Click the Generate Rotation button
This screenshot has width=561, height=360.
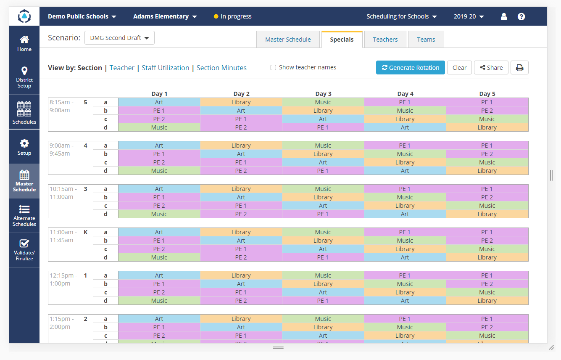410,68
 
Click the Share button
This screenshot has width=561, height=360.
491,68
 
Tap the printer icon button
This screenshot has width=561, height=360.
519,68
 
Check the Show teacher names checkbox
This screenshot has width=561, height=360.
273,68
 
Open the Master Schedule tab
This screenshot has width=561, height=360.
288,40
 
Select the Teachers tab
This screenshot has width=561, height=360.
385,40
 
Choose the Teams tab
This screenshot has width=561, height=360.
426,40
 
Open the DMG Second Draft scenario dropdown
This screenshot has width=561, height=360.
119,38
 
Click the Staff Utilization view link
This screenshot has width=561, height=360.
165,68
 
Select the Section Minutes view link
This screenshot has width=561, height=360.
221,68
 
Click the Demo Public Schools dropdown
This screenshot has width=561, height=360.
82,16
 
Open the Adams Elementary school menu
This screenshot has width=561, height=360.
165,16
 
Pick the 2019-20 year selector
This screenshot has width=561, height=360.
469,16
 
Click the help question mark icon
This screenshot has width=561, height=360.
521,16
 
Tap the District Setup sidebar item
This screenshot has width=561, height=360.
24,77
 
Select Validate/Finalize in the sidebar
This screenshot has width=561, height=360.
24,250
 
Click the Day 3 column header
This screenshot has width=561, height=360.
323,94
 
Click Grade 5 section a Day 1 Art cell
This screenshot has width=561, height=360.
159,102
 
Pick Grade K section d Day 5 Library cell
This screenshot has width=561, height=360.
487,257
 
